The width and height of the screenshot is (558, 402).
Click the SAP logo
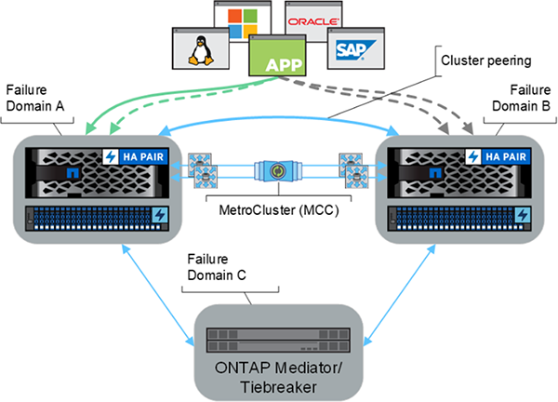pyautogui.click(x=352, y=47)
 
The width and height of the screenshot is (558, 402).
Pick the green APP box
pyautogui.click(x=278, y=64)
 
